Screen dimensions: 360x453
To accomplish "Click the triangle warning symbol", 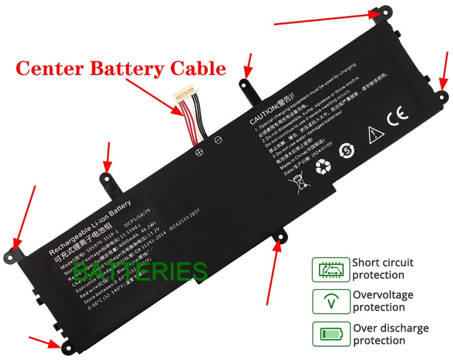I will [375, 134].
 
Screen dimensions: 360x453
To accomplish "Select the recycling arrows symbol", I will [323, 165].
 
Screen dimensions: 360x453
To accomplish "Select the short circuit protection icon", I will [331, 269].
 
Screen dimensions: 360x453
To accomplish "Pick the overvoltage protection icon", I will [331, 301].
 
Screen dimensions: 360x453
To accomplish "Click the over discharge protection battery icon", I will [331, 334].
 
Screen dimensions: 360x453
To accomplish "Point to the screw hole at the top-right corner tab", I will [378, 14].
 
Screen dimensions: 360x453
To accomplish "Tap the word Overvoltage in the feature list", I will [383, 295].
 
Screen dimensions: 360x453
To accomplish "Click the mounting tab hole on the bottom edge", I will [280, 235].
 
